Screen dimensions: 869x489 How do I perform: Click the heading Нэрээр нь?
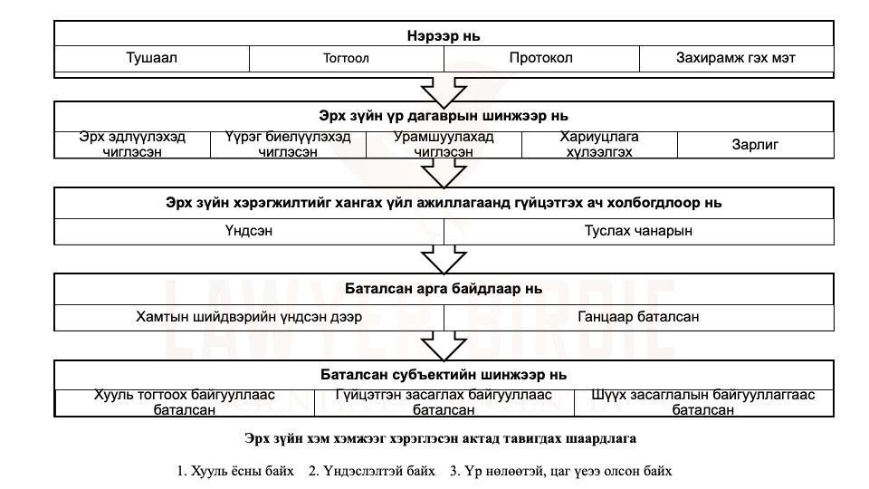tap(444, 36)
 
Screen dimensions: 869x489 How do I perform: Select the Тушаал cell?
tap(152, 58)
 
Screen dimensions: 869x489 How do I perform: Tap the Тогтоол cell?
tap(347, 58)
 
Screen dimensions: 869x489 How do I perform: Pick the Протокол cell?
tap(541, 58)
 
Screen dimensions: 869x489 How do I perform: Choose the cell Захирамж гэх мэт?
tap(737, 58)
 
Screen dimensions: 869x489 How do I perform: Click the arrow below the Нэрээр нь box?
tap(444, 92)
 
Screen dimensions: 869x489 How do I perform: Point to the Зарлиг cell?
tap(755, 145)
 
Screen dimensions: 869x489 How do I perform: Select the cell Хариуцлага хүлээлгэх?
tap(599, 145)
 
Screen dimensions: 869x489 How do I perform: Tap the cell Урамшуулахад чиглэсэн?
tap(444, 145)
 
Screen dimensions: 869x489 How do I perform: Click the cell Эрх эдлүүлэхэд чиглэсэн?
tap(132, 145)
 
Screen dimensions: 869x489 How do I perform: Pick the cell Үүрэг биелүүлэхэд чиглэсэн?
tap(288, 145)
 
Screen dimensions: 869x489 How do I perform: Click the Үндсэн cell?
tap(249, 231)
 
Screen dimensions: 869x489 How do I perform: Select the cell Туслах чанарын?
tap(638, 231)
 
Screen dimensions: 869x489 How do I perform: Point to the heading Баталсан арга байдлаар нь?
tap(444, 289)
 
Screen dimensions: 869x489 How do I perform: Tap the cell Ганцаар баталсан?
tap(638, 317)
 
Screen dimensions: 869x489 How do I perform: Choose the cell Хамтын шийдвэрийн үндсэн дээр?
tap(249, 317)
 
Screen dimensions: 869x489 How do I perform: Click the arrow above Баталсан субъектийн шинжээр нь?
tap(444, 346)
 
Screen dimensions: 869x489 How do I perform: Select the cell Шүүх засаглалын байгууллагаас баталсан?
tap(703, 402)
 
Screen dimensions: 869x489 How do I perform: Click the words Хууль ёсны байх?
tap(243, 471)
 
